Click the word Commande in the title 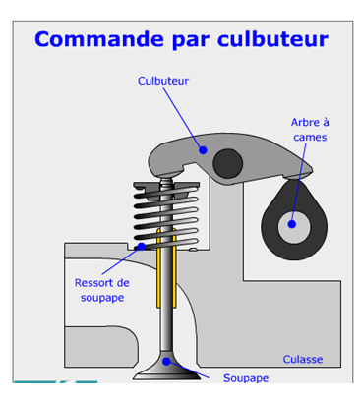(x=99, y=39)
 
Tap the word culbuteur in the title (x=272, y=39)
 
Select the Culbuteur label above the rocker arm (x=163, y=81)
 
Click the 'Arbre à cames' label (x=310, y=130)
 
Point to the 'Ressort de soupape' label (x=102, y=290)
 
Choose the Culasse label (x=303, y=359)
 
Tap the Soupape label (x=246, y=378)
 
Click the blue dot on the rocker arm (x=203, y=150)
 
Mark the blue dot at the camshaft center (x=292, y=224)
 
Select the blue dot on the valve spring (x=142, y=247)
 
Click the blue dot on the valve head (x=167, y=362)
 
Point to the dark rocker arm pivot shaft (x=228, y=163)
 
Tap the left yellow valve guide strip (x=158, y=268)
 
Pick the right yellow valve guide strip (x=174, y=268)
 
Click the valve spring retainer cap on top (x=166, y=188)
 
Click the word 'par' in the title (x=191, y=40)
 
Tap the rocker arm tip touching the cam (x=296, y=176)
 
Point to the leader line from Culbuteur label (x=183, y=119)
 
